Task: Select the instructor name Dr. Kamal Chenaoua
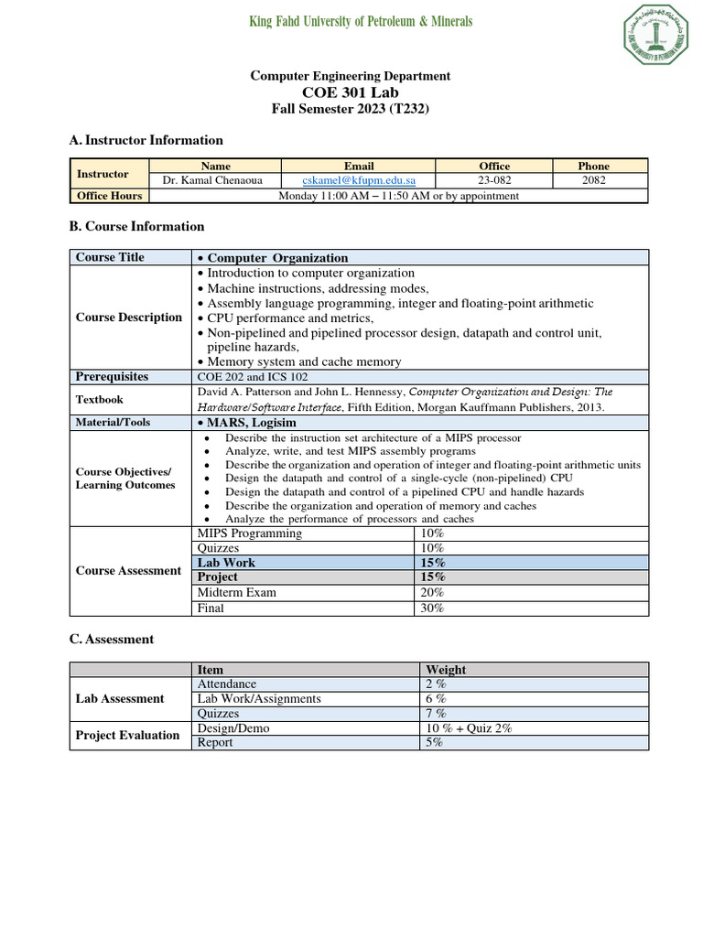212,181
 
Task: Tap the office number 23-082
494,181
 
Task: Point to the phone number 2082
593,181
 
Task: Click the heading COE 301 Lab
351,92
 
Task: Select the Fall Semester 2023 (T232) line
351,109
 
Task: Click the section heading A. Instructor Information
146,140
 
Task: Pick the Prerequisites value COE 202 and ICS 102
254,377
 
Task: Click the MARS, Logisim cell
246,423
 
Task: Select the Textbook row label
99,400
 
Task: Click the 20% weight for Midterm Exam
433,592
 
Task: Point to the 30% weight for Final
433,608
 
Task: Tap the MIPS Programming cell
249,533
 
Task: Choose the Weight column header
446,670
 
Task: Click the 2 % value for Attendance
436,684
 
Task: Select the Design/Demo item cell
233,728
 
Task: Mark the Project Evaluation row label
127,736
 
